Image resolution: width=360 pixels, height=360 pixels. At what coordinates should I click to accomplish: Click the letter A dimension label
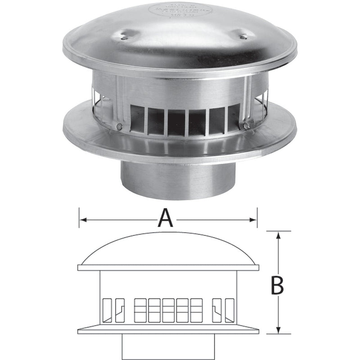click(166, 220)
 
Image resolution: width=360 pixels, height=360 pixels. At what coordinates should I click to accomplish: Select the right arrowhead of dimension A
click(255, 220)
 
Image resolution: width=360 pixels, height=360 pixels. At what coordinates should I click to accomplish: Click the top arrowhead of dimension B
click(279, 234)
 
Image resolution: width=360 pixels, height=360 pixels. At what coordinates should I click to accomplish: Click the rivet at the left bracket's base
click(118, 127)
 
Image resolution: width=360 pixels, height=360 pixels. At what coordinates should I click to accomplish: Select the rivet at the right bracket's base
click(247, 126)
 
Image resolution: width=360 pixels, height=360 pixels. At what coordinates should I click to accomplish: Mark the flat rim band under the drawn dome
click(169, 267)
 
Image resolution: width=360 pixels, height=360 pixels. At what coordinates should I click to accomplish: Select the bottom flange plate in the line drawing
click(169, 331)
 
